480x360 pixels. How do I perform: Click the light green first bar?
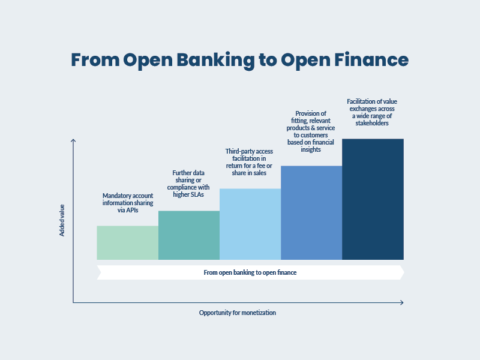127,242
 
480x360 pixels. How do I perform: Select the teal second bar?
189,235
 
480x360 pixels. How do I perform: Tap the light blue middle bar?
250,224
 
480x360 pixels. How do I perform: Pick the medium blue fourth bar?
311,212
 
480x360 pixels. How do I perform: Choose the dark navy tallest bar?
373,199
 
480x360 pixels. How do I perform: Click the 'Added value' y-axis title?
62,220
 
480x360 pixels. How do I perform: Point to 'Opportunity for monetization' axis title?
238,313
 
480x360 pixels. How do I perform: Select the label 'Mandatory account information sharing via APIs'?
128,203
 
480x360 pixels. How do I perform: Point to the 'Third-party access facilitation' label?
250,161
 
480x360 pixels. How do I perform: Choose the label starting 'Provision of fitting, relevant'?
311,131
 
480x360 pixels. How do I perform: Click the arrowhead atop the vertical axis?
73,141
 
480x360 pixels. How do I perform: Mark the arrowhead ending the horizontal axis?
401,302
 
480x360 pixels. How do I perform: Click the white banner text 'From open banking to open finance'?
250,272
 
